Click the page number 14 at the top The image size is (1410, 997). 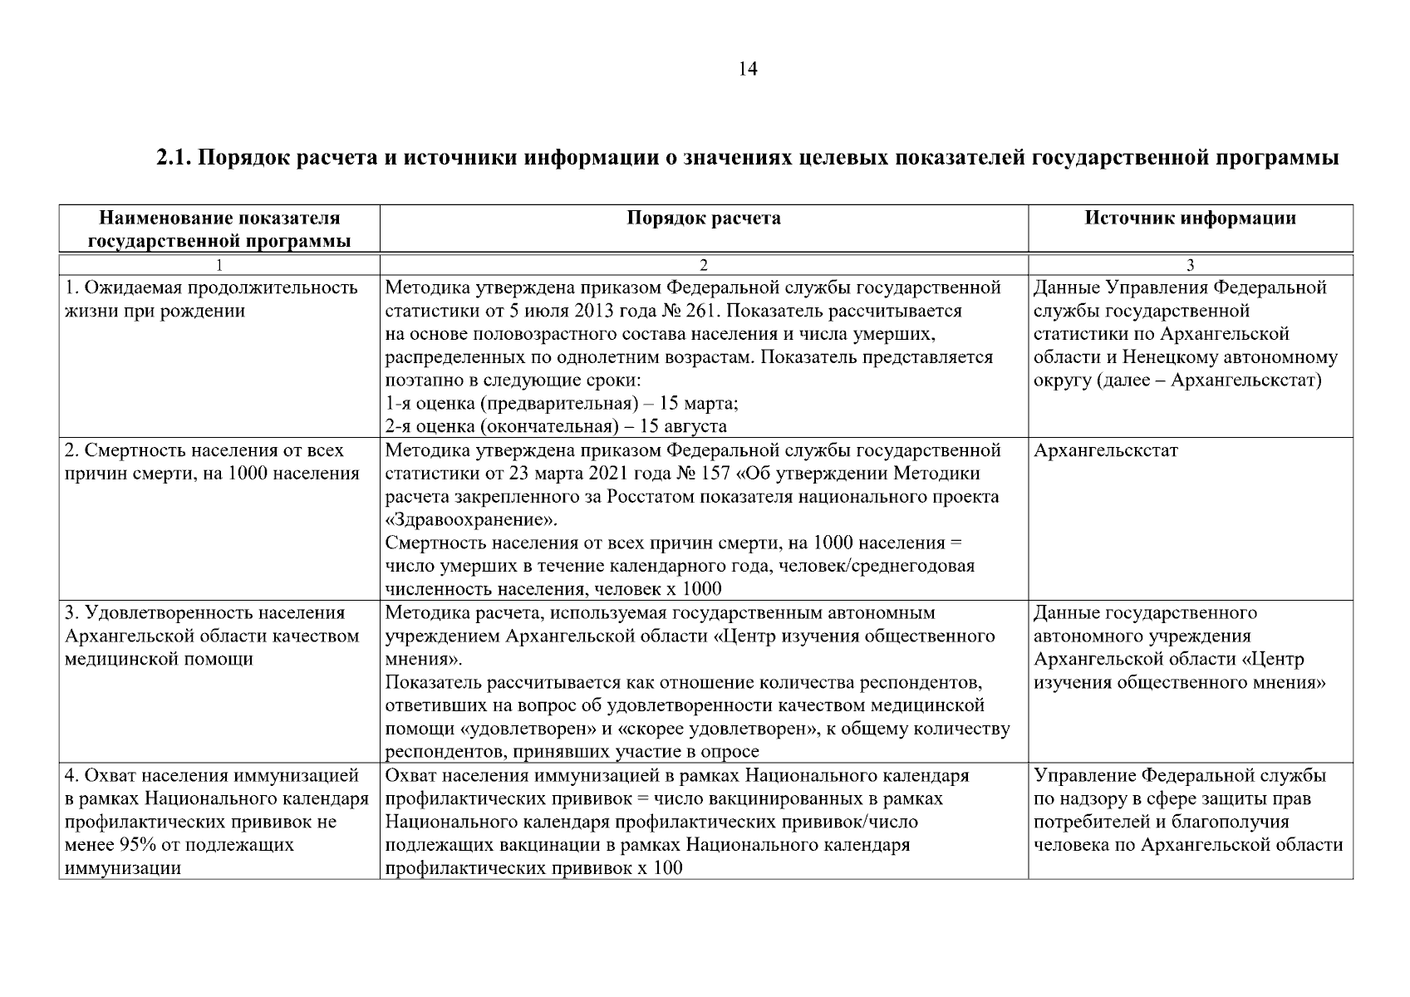747,70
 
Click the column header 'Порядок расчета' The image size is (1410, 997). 703,219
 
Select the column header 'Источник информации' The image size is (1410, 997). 1190,219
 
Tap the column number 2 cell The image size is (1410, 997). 703,265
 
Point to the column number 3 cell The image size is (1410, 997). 1190,265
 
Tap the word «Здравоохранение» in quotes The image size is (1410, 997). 472,521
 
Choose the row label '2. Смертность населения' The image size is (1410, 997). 204,451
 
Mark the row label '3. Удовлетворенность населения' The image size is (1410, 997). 204,614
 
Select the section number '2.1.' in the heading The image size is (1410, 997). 174,158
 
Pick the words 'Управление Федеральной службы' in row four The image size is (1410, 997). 1180,776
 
